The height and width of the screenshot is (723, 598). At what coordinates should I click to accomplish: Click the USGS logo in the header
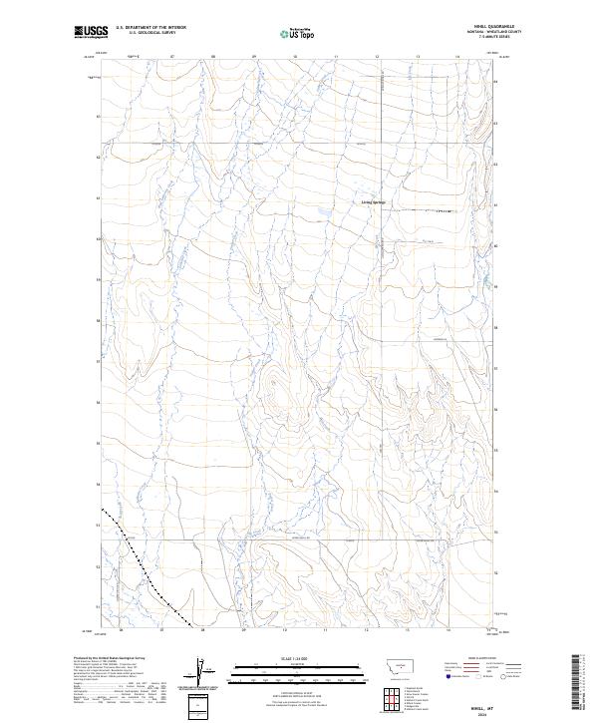click(x=91, y=33)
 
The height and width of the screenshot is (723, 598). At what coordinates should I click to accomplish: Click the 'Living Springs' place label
click(x=373, y=203)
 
